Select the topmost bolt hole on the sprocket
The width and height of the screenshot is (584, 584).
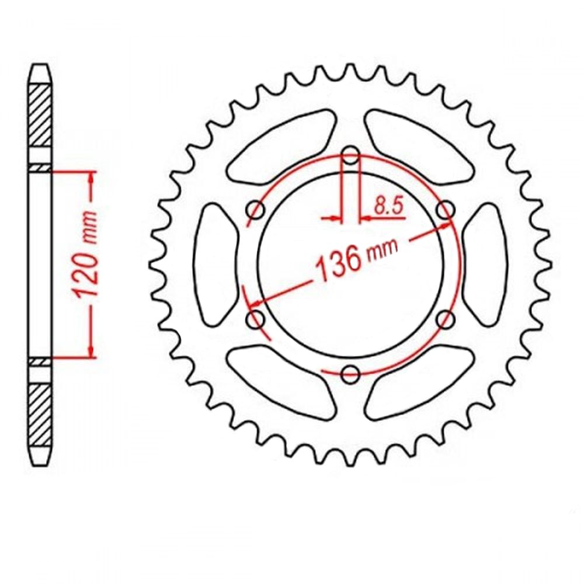[350, 156]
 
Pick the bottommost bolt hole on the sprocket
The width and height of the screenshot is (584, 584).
[350, 374]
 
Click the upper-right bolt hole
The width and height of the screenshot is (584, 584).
[446, 210]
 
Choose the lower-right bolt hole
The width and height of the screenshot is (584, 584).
[446, 319]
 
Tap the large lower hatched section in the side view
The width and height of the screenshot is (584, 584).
[40, 412]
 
